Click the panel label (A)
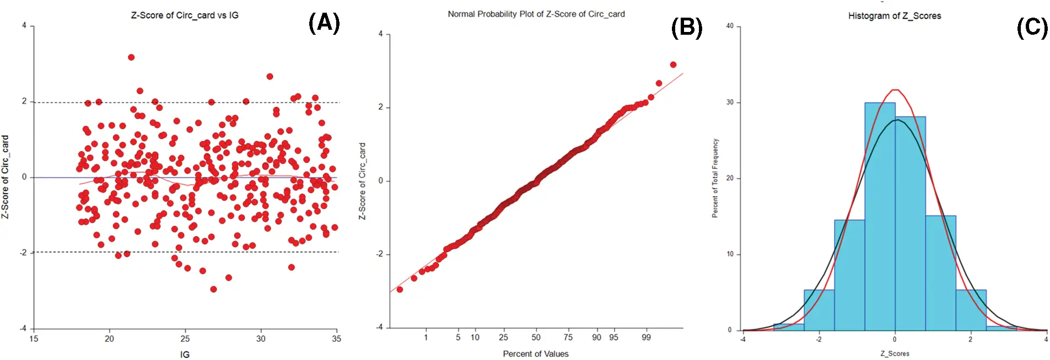[324, 24]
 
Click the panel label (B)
[686, 28]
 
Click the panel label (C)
[1032, 28]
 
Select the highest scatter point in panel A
[131, 57]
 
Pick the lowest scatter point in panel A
[213, 289]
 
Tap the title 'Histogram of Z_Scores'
[894, 16]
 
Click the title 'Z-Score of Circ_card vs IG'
[185, 15]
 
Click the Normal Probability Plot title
[536, 14]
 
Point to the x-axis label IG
[185, 354]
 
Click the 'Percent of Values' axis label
[535, 354]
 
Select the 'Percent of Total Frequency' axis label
[715, 178]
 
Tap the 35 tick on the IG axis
[336, 339]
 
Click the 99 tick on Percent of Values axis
[646, 337]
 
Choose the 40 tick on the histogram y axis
[730, 26]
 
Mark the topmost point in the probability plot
[673, 65]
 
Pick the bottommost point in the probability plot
[400, 289]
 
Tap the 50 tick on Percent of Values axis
[536, 337]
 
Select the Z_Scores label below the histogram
[895, 354]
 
